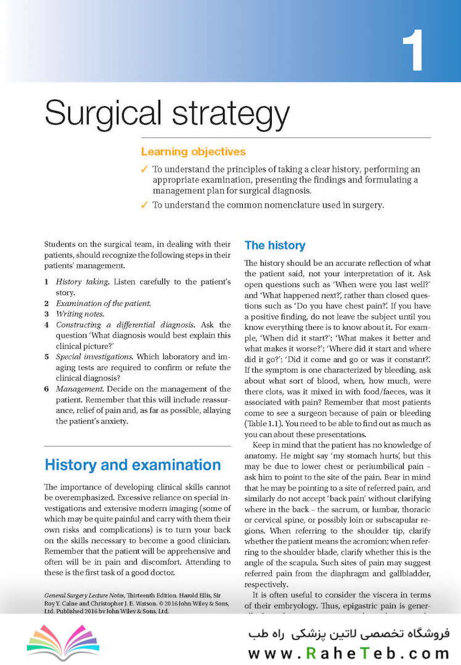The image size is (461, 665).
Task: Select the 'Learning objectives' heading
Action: (x=193, y=151)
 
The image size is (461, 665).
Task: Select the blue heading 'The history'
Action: (x=274, y=245)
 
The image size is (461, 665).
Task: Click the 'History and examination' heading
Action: (x=133, y=464)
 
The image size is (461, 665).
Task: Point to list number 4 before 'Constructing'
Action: (x=47, y=324)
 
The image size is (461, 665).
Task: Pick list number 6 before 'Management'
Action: (x=47, y=389)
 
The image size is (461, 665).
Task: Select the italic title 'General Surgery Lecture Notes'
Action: (x=84, y=596)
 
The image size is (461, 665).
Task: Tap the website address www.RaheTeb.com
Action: (x=349, y=653)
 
